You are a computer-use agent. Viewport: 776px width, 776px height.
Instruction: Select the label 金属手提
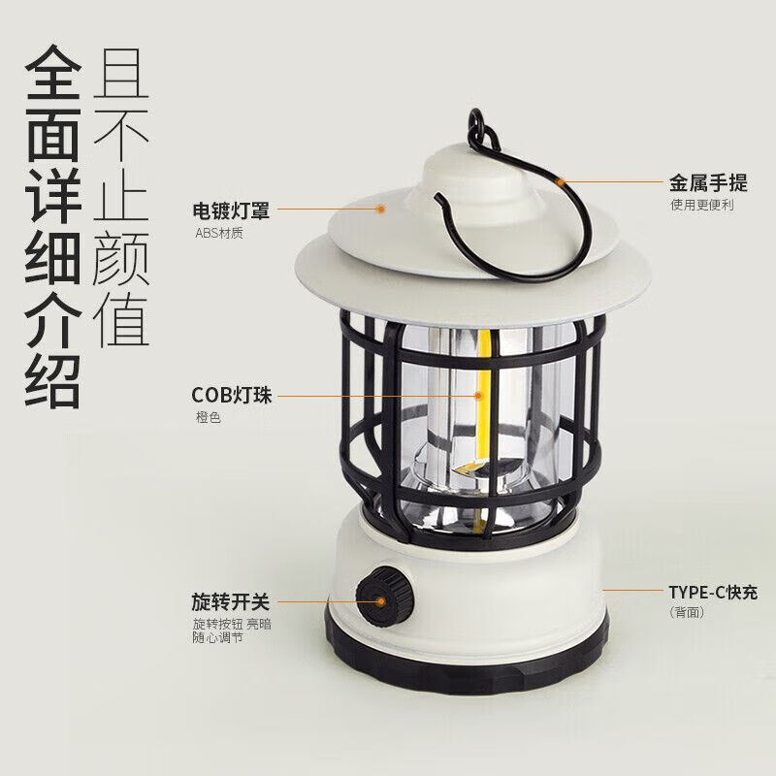tap(707, 181)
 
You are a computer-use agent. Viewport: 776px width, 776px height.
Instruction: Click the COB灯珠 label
tap(232, 395)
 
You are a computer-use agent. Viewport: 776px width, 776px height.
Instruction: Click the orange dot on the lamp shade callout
tap(381, 208)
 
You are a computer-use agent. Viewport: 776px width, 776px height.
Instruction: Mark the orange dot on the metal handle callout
tap(561, 180)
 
